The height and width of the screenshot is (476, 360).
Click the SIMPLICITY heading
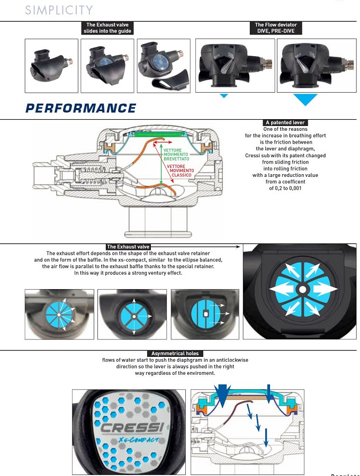point(59,10)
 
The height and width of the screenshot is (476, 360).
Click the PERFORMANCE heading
point(80,109)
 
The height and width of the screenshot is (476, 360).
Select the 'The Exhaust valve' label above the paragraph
point(128,247)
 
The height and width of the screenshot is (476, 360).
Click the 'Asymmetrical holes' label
point(175,354)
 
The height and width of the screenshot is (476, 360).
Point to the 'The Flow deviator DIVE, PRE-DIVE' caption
point(275,28)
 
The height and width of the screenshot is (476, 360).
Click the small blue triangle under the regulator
point(223,96)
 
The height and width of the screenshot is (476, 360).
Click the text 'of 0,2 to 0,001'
point(285,188)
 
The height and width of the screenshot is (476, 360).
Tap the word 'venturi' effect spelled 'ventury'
point(152,273)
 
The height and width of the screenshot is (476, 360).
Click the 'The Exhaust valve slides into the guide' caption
point(107,28)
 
